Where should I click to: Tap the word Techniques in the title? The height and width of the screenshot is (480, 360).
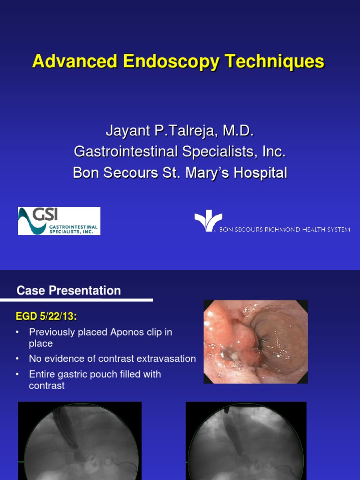[274, 62]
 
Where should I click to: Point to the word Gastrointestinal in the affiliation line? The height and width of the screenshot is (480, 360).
[120, 152]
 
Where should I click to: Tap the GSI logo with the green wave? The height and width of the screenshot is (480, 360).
[59, 221]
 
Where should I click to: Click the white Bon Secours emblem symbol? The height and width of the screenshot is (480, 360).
[207, 221]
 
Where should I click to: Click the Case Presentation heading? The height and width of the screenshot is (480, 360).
[68, 291]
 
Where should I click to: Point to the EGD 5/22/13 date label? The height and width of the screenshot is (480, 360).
[46, 317]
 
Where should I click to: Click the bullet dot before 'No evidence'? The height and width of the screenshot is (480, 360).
[18, 359]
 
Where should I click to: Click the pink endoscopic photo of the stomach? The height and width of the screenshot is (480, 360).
[255, 341]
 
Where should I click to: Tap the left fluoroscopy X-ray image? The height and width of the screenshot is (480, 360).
[79, 441]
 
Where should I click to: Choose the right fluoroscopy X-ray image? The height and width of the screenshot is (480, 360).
[246, 441]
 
